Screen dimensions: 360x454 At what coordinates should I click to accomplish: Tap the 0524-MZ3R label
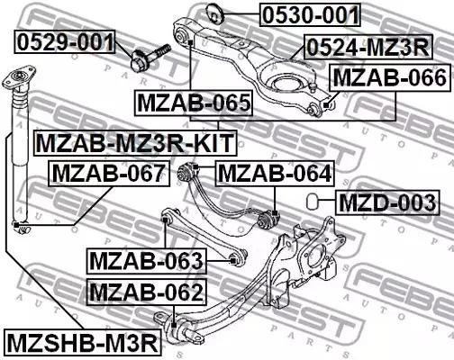tap(366, 46)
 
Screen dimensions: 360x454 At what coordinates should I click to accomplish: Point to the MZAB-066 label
tap(389, 78)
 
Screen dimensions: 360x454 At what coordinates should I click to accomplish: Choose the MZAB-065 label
tap(193, 104)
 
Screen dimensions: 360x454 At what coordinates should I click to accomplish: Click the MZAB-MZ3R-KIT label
tap(134, 141)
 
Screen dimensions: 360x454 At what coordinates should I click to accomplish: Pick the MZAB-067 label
tap(107, 172)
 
